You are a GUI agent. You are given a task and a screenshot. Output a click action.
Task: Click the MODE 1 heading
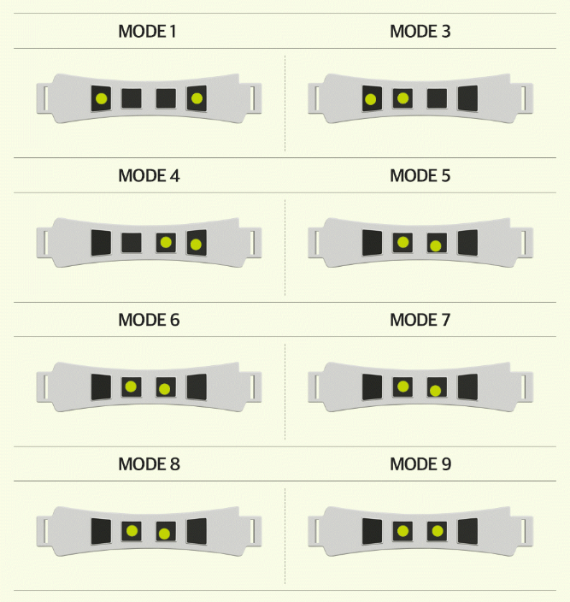pyautogui.click(x=148, y=32)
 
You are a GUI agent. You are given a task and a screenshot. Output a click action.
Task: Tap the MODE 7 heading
pyautogui.click(x=420, y=321)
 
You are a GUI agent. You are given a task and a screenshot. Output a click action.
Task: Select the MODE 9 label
pyautogui.click(x=420, y=464)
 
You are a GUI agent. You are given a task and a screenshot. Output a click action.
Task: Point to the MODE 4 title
pyautogui.click(x=148, y=176)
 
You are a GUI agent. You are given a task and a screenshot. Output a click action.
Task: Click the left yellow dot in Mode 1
pyautogui.click(x=102, y=97)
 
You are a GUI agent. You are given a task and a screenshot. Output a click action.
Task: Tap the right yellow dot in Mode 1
pyautogui.click(x=197, y=98)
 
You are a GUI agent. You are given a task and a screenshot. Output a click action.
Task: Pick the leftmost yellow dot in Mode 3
pyautogui.click(x=370, y=100)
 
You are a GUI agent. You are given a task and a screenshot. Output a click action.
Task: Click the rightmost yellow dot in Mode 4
pyautogui.click(x=196, y=245)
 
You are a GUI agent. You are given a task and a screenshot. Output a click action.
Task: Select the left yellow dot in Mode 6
pyautogui.click(x=131, y=387)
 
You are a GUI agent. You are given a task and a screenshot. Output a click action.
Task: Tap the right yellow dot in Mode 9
pyautogui.click(x=437, y=530)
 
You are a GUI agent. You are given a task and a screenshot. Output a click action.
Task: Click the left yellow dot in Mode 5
pyautogui.click(x=403, y=242)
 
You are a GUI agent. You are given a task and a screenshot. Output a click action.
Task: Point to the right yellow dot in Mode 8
pyautogui.click(x=164, y=534)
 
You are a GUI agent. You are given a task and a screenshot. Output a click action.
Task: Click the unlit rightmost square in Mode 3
pyautogui.click(x=467, y=98)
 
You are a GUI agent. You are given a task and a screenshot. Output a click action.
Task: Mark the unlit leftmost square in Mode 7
pyautogui.click(x=372, y=387)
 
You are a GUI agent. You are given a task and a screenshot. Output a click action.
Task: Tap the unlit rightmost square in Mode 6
pyautogui.click(x=197, y=387)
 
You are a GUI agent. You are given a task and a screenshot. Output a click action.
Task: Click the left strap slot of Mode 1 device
pyautogui.click(x=41, y=98)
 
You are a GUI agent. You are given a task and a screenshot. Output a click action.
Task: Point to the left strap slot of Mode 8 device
pyautogui.click(x=41, y=530)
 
